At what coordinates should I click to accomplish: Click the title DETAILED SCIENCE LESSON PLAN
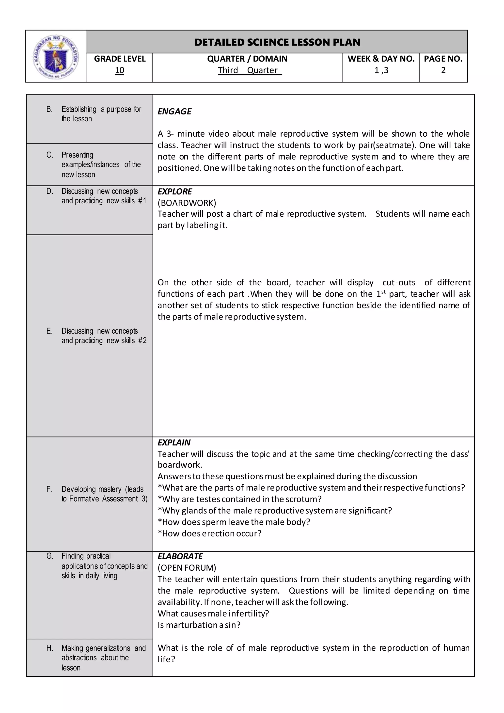point(277,42)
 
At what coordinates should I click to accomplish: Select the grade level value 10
point(120,70)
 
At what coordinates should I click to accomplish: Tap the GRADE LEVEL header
point(120,59)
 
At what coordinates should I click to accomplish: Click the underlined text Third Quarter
point(249,70)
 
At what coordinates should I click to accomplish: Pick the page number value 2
point(443,70)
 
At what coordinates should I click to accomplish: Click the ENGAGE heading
point(174,112)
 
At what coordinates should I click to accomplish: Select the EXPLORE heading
point(175,192)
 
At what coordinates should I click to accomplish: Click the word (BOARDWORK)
point(187,203)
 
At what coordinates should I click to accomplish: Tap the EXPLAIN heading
point(174,442)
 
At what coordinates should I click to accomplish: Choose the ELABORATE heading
point(180,556)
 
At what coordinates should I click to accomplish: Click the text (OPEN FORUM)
point(187,568)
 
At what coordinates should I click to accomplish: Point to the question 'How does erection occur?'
point(210,534)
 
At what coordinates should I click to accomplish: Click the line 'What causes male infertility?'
point(213,614)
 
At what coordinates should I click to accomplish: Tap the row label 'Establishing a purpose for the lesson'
point(101,114)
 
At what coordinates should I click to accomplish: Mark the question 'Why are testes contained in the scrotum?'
point(240,499)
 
